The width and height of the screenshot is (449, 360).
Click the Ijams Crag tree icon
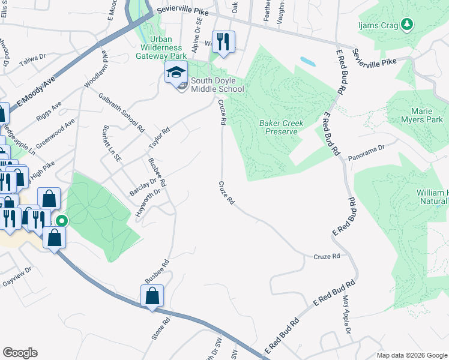coord(408,23)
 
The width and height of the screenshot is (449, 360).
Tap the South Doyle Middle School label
coord(217,85)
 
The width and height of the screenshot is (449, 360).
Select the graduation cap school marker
coord(176,74)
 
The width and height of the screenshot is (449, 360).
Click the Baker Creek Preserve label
coord(282,127)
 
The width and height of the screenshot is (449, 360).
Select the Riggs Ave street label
coord(49,112)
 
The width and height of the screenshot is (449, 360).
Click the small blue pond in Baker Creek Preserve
coord(307,61)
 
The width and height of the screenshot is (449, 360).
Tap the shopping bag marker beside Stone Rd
coord(152,296)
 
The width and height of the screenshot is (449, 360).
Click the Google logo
coord(20,353)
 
